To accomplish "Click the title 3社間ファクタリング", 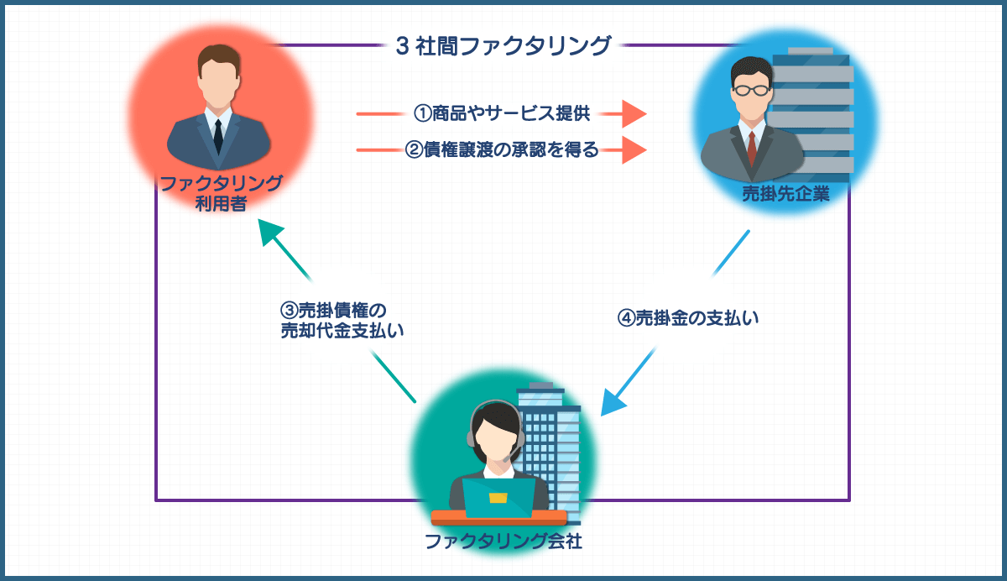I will point(503,44).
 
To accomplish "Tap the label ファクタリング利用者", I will point(220,193).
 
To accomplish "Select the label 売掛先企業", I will point(785,195).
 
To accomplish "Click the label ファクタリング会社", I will point(503,541).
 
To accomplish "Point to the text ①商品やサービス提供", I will point(502,113).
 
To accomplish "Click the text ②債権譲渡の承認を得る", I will point(502,150).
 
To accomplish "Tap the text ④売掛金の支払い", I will point(688,318).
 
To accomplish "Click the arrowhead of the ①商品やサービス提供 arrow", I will point(634,113).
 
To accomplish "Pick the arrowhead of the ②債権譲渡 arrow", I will point(634,150).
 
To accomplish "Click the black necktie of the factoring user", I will point(218,135).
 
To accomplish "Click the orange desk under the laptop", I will point(498,517).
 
